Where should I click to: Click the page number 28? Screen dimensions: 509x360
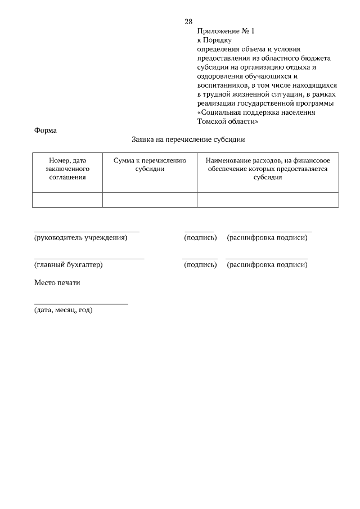tap(188, 22)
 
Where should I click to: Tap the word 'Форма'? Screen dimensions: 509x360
tap(46, 130)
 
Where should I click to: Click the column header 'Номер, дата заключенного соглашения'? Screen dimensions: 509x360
tap(67, 169)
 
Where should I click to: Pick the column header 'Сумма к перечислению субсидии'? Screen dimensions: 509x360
tap(150, 165)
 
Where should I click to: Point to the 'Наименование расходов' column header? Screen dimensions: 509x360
tap(267, 169)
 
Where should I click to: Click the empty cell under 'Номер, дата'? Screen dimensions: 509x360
tap(67, 200)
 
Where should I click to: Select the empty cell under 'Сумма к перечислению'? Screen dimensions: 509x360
tap(150, 200)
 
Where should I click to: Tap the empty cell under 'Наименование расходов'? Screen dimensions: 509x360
tap(267, 200)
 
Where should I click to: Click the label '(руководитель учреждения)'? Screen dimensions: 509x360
tap(81, 238)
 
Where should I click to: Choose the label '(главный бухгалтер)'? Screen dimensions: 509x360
tap(69, 265)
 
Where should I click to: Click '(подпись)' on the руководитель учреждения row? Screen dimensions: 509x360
tap(200, 238)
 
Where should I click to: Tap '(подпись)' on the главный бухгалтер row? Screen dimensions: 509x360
tap(200, 265)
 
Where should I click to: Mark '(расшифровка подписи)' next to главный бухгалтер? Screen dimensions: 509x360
tap(267, 265)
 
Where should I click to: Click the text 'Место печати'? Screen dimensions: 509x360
tap(57, 283)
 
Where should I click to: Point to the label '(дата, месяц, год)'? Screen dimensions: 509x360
tap(63, 310)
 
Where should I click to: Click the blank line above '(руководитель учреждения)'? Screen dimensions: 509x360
tap(87, 231)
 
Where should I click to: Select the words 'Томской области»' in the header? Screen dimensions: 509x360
tap(228, 121)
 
